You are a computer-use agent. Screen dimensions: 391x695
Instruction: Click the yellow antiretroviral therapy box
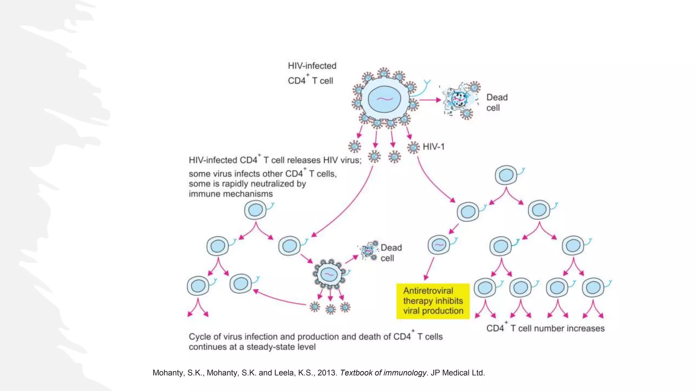pos(433,301)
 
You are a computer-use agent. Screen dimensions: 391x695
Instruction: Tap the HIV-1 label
pos(433,147)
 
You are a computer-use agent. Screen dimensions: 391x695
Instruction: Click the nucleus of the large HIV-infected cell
pos(384,99)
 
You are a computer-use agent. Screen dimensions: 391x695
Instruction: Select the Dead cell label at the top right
pos(496,102)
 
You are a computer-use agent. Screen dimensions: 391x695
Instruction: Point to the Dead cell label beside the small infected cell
pos(391,253)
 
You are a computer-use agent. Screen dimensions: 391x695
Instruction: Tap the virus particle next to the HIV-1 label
pos(413,148)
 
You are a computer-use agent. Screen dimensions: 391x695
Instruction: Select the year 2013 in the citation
pos(326,373)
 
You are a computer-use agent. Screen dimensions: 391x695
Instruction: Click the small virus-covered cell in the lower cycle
pos(329,274)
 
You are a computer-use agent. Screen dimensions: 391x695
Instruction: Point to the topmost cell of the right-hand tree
pos(506,175)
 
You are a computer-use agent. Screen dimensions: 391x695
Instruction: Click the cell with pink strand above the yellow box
pos(439,245)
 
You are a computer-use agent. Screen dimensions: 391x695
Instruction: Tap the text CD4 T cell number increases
pos(545,328)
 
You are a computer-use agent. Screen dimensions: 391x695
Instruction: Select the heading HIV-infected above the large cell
pos(312,66)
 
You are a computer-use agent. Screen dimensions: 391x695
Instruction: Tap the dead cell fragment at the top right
pos(460,99)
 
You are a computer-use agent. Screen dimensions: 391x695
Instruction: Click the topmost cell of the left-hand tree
pos(255,210)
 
